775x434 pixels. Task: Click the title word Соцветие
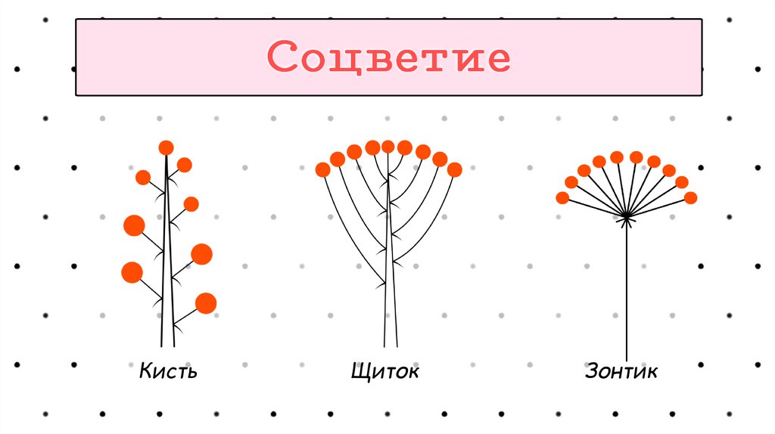(x=388, y=58)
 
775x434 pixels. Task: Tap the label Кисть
(x=168, y=371)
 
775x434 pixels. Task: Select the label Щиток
(x=384, y=371)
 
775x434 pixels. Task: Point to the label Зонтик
(x=621, y=371)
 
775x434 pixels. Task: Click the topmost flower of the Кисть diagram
(x=166, y=147)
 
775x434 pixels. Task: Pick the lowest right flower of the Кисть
(x=205, y=303)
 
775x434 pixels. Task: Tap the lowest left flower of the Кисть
(x=132, y=272)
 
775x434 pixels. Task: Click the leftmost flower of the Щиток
(x=323, y=170)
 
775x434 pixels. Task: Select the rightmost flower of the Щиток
(x=454, y=170)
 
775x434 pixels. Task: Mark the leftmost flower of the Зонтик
(x=562, y=198)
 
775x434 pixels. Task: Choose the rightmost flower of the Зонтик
(x=690, y=198)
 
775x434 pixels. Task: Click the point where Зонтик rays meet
(x=627, y=218)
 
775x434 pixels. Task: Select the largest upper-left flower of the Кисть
(x=134, y=225)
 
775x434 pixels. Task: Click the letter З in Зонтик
(x=592, y=371)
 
